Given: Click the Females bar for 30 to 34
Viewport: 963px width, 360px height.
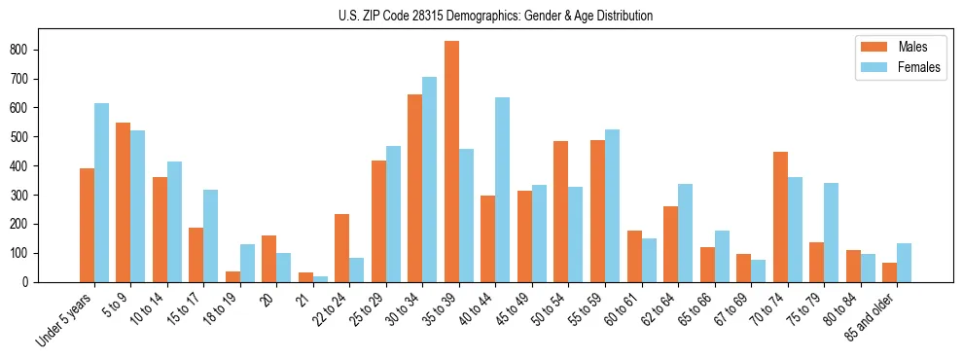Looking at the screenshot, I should (430, 180).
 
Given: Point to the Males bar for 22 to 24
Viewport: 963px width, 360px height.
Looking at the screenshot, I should (341, 248).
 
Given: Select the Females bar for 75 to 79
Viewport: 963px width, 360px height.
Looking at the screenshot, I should (832, 233).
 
